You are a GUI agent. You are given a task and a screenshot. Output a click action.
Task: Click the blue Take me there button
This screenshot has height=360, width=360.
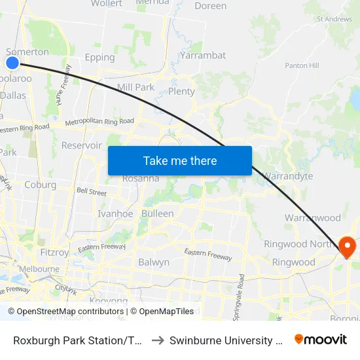(180, 160)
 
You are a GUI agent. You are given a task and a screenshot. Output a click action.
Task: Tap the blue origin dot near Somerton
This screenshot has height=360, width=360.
(12, 63)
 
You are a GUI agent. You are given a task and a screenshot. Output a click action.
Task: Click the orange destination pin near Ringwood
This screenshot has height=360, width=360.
(347, 246)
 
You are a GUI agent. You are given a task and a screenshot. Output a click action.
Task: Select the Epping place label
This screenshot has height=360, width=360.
(100, 58)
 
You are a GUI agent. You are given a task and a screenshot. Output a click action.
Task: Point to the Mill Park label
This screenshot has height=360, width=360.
(135, 87)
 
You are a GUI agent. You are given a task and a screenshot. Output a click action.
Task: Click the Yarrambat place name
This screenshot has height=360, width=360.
(203, 56)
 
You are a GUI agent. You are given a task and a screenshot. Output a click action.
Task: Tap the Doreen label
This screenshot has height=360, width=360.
(211, 7)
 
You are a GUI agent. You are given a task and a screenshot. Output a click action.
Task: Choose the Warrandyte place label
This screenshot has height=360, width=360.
(288, 177)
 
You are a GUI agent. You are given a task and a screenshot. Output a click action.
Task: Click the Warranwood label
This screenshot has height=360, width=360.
(312, 218)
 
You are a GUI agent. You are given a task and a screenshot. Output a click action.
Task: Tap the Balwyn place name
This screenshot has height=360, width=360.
(154, 262)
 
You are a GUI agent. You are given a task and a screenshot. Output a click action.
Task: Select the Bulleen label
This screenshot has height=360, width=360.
(158, 214)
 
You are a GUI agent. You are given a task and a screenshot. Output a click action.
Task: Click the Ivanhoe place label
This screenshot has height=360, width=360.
(115, 214)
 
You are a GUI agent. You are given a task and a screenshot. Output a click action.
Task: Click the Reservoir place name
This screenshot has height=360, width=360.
(81, 145)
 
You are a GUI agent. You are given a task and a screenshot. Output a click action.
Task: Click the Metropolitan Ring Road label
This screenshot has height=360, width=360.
(99, 121)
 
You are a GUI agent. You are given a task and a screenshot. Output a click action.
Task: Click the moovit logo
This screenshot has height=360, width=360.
(321, 340)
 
